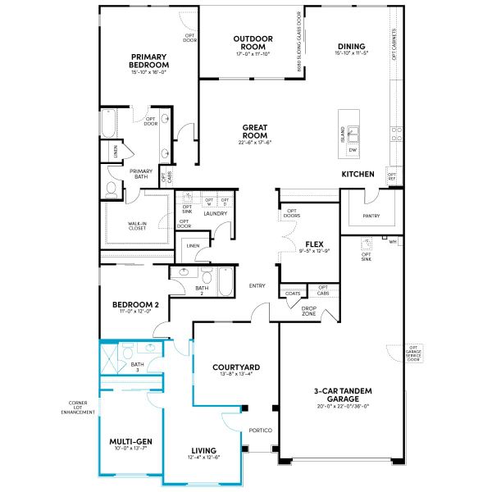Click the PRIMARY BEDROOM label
click(149, 61)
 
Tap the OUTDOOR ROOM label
click(252, 43)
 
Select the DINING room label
click(350, 47)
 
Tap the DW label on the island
click(353, 150)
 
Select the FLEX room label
click(312, 244)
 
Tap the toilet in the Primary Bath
click(112, 189)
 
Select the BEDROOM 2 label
click(135, 304)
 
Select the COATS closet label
click(292, 292)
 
